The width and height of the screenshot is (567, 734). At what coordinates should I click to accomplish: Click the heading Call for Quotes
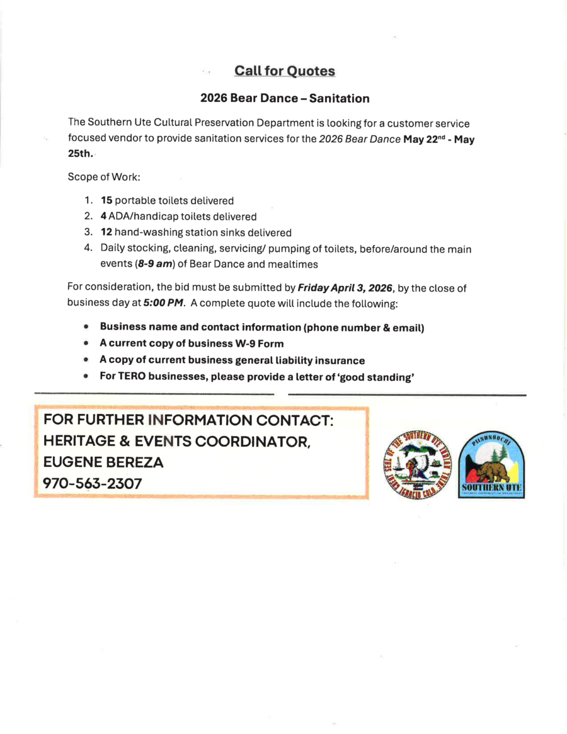pos(284,71)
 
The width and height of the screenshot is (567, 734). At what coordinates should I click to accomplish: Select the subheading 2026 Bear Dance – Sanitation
pos(285,99)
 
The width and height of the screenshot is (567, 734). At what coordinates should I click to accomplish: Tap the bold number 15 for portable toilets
pos(106,201)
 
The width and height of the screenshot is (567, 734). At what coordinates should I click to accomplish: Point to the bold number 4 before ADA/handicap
pos(104,217)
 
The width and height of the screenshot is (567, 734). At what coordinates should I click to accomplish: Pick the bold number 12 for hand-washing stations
pos(106,232)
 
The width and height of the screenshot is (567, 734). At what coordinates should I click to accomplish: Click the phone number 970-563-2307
pos(92,483)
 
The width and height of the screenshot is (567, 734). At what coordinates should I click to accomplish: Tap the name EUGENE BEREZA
pos(103,462)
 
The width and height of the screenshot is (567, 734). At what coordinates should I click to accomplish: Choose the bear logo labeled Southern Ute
pos(493,466)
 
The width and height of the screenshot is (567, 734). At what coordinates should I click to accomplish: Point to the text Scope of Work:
pos(99,177)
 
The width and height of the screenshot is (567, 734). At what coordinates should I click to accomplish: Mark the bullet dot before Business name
pos(86,328)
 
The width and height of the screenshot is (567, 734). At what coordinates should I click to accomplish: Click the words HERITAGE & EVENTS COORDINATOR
pos(177,442)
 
